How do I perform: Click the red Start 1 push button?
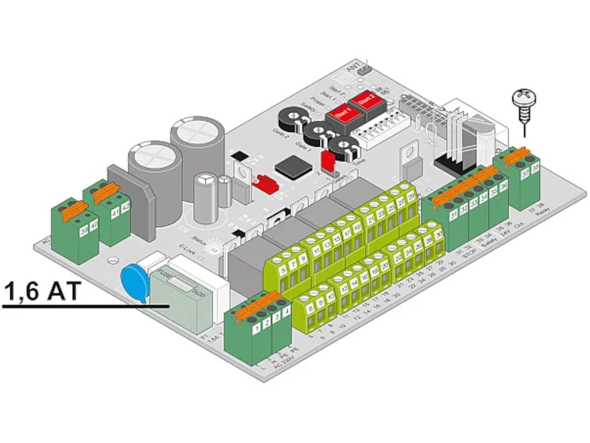[340, 113]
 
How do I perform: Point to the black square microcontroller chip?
[293, 167]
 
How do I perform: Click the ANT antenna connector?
[366, 70]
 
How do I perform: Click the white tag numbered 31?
[454, 215]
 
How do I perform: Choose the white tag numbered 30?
[438, 235]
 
